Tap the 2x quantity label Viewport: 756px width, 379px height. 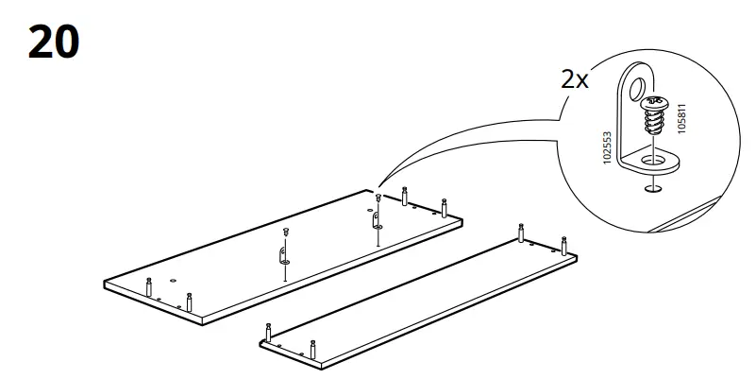pos(574,78)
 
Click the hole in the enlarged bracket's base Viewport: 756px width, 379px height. pos(652,162)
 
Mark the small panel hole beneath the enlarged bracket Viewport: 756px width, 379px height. pos(651,189)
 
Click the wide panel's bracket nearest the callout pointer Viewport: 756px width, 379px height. pos(377,221)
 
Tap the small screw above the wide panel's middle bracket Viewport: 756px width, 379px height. pos(284,231)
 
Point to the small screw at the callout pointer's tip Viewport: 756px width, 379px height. pos(378,198)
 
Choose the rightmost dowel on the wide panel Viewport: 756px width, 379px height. pos(444,205)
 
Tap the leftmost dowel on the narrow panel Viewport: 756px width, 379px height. pos(269,332)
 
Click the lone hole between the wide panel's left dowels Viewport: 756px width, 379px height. pos(174,281)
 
